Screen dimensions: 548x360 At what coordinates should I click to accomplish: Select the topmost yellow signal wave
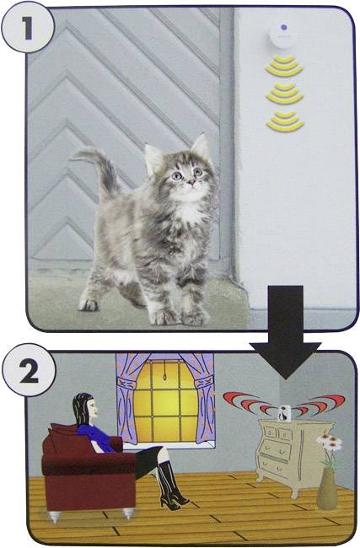285,64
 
